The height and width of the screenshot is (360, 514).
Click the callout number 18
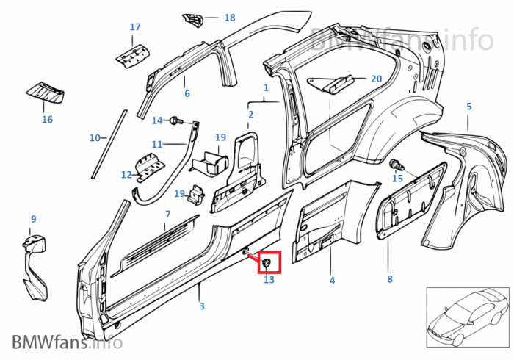click(229, 18)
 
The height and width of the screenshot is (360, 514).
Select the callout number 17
click(135, 27)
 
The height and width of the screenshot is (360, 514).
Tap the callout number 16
click(47, 119)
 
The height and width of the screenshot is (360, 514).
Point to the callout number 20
click(376, 79)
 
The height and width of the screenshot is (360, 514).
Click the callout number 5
click(468, 107)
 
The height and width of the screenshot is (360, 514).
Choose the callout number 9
click(33, 219)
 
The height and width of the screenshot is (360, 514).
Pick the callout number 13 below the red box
click(269, 280)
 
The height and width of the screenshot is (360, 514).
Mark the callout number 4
click(332, 281)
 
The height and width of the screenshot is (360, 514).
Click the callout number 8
click(390, 279)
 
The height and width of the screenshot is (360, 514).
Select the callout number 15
click(398, 179)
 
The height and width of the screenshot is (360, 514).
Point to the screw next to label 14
click(175, 120)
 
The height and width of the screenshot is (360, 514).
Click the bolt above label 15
click(397, 163)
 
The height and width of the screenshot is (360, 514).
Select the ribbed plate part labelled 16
click(46, 93)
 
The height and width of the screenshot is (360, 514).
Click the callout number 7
click(167, 214)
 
